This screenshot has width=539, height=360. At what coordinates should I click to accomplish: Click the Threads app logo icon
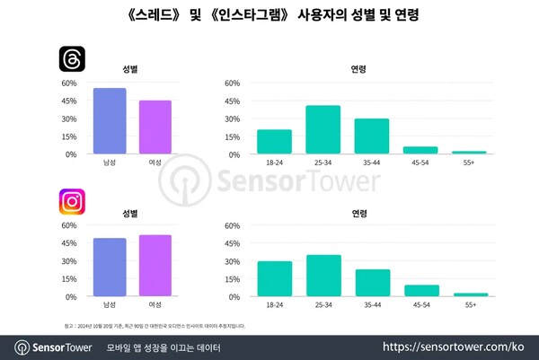(x=72, y=60)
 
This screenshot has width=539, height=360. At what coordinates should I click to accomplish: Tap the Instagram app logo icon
(x=72, y=202)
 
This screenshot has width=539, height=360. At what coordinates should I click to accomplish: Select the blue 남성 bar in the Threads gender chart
(x=110, y=121)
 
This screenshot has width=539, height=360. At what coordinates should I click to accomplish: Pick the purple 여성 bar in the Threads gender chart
(x=155, y=127)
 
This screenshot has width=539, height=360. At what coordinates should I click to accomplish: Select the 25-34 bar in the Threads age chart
(x=323, y=130)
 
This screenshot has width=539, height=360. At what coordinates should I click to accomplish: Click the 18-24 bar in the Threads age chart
(x=274, y=142)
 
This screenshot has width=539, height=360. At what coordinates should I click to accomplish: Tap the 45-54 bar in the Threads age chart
(x=420, y=150)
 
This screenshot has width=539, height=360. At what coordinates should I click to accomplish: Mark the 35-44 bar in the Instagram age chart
(x=372, y=283)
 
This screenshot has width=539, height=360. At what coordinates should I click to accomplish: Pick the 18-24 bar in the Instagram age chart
(x=274, y=279)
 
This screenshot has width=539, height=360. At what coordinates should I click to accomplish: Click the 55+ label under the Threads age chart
(x=469, y=162)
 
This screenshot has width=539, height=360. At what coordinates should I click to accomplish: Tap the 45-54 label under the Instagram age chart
(x=420, y=305)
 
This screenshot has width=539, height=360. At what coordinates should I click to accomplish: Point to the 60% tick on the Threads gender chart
(x=68, y=83)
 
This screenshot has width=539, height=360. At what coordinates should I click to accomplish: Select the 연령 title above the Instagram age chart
(x=358, y=213)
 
